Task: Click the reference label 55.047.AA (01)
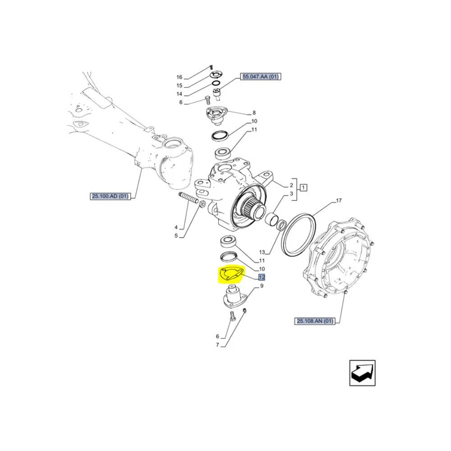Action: click(x=260, y=77)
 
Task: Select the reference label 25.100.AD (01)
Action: click(x=110, y=197)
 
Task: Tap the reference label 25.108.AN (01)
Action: click(x=315, y=321)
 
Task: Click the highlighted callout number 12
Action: click(x=262, y=277)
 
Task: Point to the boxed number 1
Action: click(x=304, y=188)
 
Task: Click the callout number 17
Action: click(x=339, y=201)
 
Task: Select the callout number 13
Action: click(x=262, y=252)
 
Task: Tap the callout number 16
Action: click(x=179, y=77)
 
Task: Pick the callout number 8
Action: click(x=254, y=113)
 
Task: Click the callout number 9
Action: click(x=262, y=286)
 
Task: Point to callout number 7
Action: click(x=217, y=345)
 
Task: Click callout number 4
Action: click(x=176, y=227)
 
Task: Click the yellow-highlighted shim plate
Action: click(x=231, y=274)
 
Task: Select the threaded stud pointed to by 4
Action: click(x=188, y=198)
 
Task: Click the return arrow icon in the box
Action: click(x=363, y=373)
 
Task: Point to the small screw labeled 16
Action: click(x=211, y=67)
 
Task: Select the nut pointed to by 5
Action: click(x=202, y=204)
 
